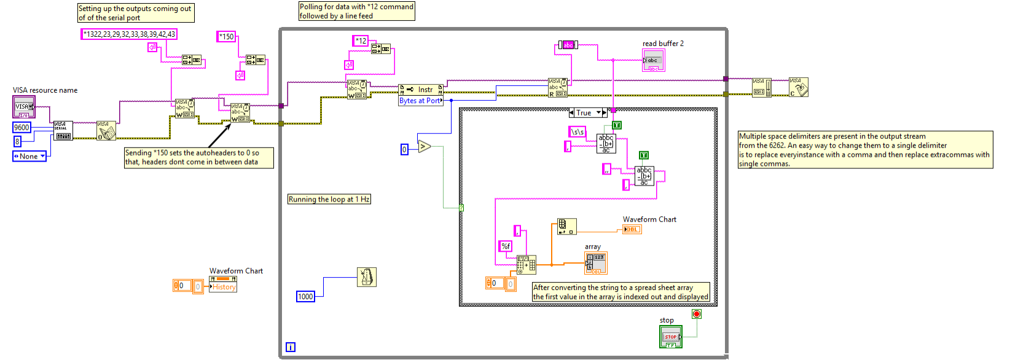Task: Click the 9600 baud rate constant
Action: (x=22, y=127)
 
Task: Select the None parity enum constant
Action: (x=29, y=156)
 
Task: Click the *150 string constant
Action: (x=227, y=37)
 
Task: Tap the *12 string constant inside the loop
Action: (x=361, y=41)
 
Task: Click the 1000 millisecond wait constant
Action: (x=305, y=297)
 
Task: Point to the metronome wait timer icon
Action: (x=367, y=277)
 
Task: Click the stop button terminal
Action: (x=670, y=337)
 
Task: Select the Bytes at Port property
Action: (x=420, y=101)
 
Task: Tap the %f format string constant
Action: (x=506, y=246)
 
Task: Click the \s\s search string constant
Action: (x=577, y=131)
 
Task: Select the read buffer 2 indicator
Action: (x=653, y=60)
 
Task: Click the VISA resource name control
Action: (x=23, y=107)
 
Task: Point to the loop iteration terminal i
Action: (x=291, y=347)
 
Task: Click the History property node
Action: (x=223, y=287)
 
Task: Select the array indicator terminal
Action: (x=596, y=263)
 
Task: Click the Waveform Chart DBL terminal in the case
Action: (x=632, y=229)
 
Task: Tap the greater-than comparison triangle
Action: (x=425, y=146)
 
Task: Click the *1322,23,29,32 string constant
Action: (x=129, y=34)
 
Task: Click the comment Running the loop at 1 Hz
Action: (x=329, y=199)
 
